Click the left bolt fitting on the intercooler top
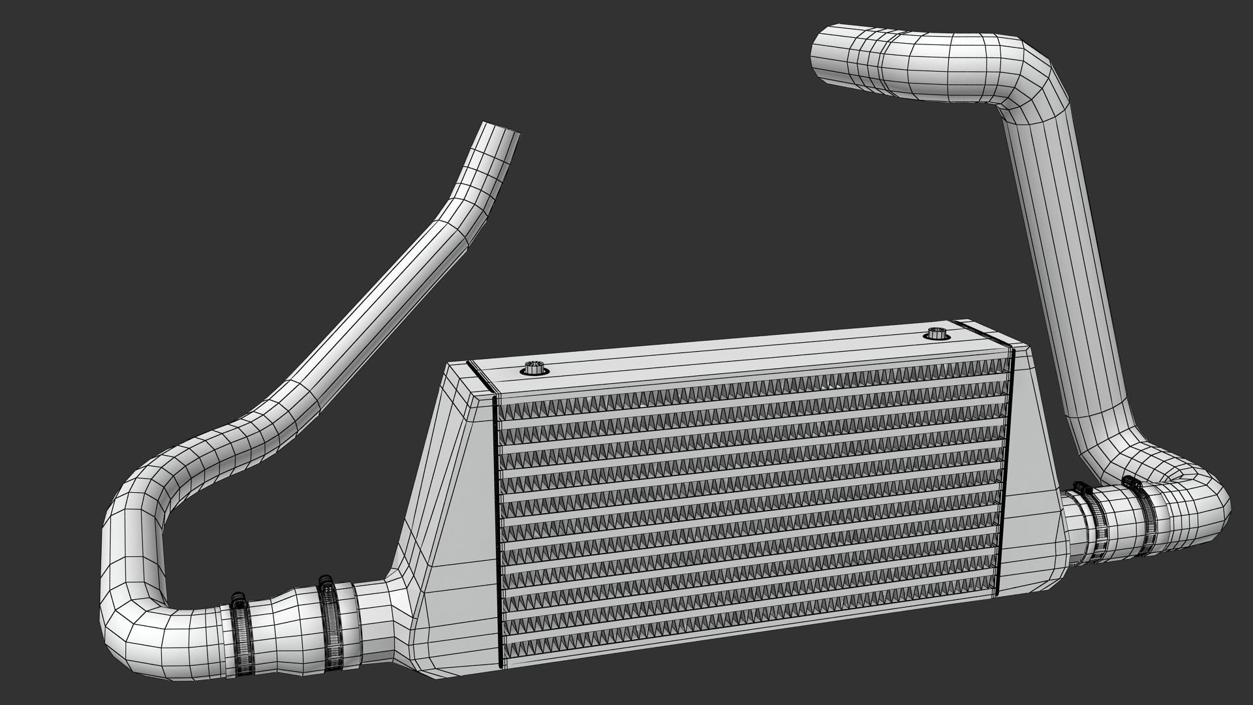click(x=534, y=369)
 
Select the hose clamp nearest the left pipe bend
click(x=240, y=627)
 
